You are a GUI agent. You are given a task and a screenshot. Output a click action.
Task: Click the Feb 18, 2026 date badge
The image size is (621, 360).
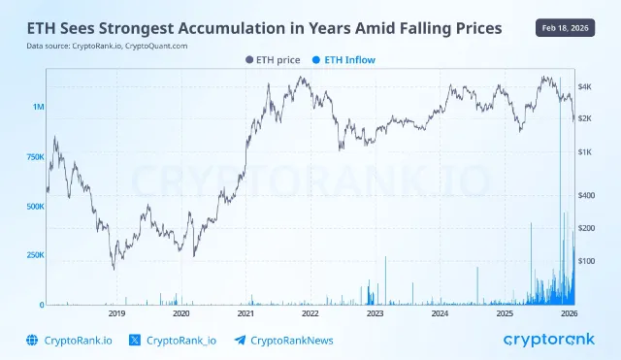pyautogui.click(x=566, y=28)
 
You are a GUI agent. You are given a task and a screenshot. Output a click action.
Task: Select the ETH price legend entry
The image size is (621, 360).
pyautogui.click(x=275, y=59)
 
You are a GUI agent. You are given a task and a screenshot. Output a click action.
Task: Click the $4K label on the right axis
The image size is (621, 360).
pyautogui.click(x=585, y=87)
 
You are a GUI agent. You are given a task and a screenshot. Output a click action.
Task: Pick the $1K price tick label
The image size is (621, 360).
pyautogui.click(x=585, y=152)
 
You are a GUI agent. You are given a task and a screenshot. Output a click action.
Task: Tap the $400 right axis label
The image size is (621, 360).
pyautogui.click(x=587, y=195)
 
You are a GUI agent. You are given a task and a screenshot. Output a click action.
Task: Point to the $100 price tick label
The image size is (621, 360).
pyautogui.click(x=587, y=261)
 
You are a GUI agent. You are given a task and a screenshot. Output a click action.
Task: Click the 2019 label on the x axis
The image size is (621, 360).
pyautogui.click(x=116, y=314)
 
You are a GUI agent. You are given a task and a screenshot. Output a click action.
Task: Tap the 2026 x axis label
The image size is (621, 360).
pyautogui.click(x=570, y=314)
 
